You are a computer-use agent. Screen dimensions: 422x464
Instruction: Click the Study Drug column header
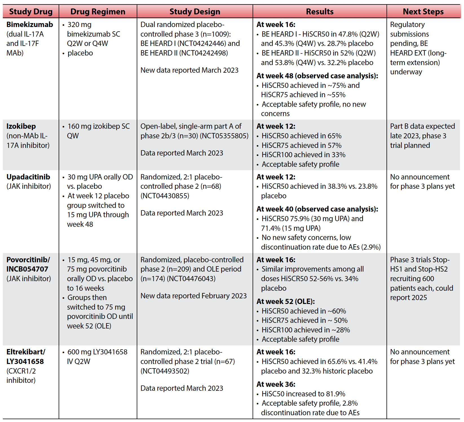pos(31,12)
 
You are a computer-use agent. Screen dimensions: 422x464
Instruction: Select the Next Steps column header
pos(423,12)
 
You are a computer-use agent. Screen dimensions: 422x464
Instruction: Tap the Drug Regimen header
pos(98,12)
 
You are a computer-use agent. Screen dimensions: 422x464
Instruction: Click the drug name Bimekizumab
pos(30,25)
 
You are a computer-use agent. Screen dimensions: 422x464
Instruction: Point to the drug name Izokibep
pos(21,126)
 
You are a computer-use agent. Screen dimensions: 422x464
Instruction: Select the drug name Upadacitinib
pos(28,177)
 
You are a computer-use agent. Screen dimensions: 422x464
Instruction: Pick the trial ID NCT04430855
pos(165,196)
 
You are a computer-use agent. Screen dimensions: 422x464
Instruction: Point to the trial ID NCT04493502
pos(165,371)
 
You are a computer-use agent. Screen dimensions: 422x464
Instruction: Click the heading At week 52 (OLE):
pos(286,301)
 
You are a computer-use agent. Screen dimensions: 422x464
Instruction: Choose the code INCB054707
pos(27,269)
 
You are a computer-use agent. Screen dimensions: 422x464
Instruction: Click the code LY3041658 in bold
pos(25,361)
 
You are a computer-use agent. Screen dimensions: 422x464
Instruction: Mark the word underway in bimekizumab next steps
pos(406,72)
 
